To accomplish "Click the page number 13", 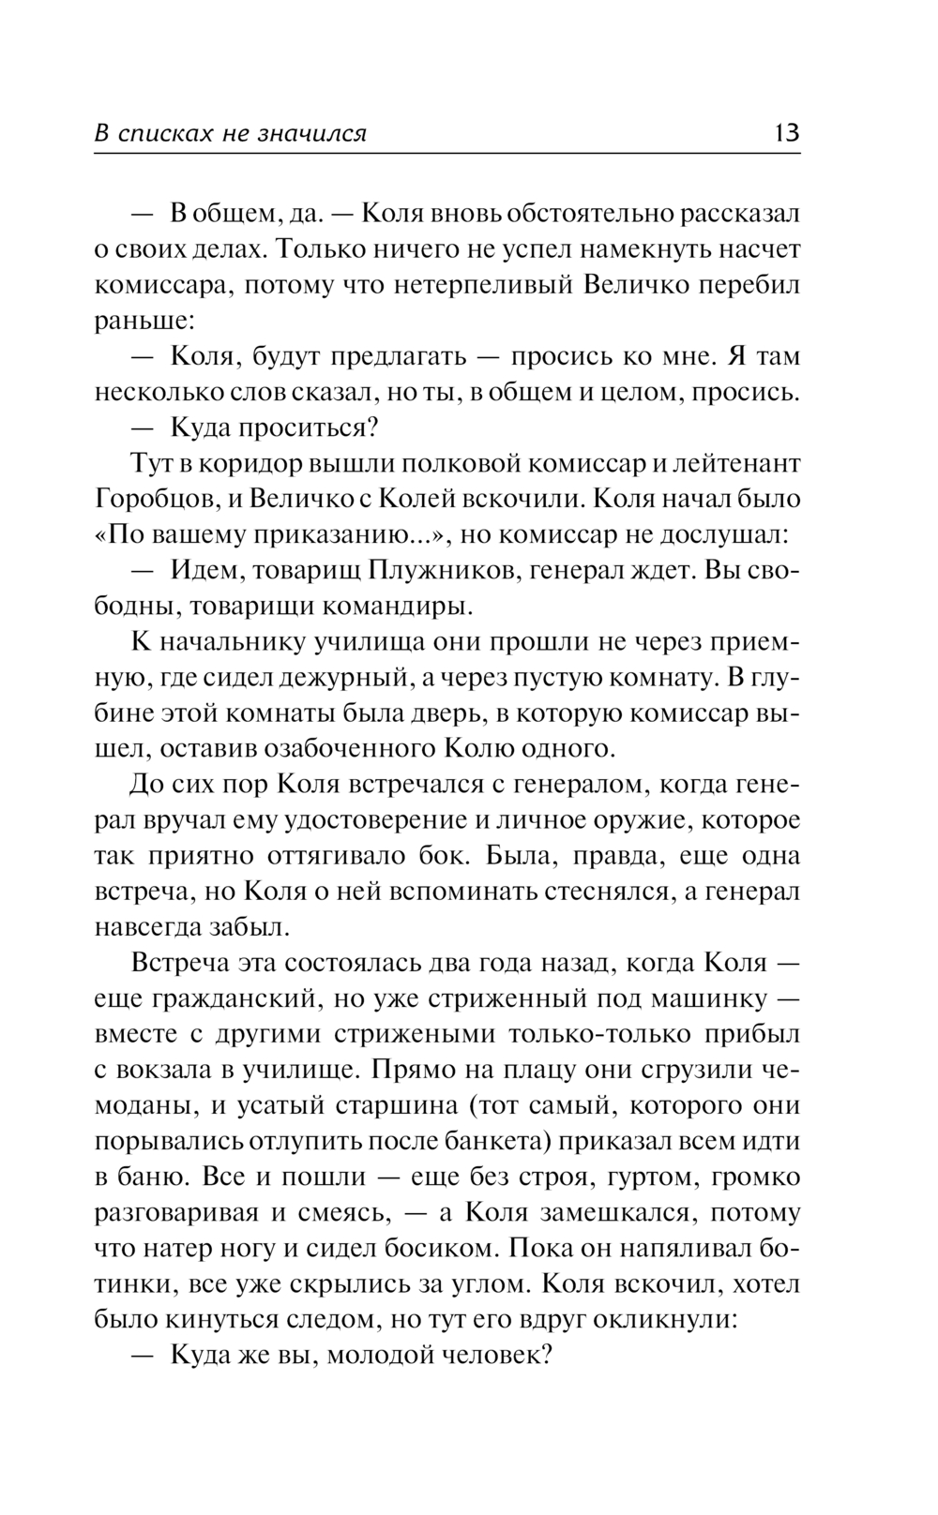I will [x=786, y=132].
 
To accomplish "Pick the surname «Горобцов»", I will [x=150, y=499].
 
